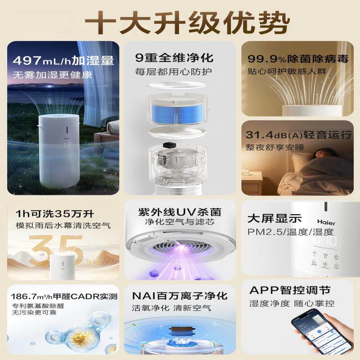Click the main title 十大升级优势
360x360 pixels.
click(x=180, y=21)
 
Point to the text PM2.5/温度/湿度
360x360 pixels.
click(x=291, y=232)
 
